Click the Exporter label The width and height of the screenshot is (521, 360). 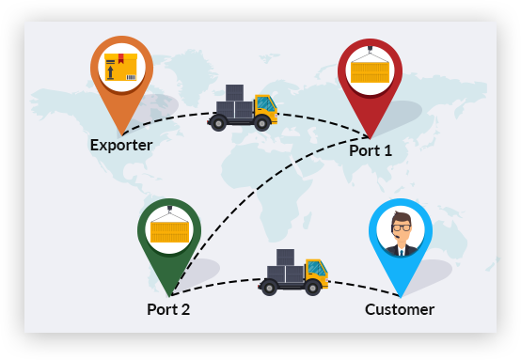point(121,145)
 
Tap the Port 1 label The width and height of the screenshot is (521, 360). point(371,150)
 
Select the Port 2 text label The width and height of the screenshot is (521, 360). point(168,309)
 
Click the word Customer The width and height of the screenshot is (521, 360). point(400,309)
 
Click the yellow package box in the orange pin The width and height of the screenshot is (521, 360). point(121,67)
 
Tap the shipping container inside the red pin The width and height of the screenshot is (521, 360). point(370,72)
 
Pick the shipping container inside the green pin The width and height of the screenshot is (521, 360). point(169,232)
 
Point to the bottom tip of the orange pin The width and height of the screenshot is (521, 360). point(121,134)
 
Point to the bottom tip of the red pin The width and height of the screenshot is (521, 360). point(370,138)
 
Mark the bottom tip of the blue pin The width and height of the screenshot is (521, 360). point(401,297)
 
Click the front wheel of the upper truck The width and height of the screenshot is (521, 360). point(262,123)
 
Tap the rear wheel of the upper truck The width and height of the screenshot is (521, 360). point(218,123)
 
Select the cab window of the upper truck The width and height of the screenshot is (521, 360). point(266,104)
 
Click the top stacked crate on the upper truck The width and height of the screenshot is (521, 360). point(234,93)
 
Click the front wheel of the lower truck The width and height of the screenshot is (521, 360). point(312,288)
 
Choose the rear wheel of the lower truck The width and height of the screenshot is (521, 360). point(269,288)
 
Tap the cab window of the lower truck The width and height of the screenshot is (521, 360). point(317,269)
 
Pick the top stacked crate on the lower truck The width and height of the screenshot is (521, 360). point(285,258)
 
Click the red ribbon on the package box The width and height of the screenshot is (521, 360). point(121,58)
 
